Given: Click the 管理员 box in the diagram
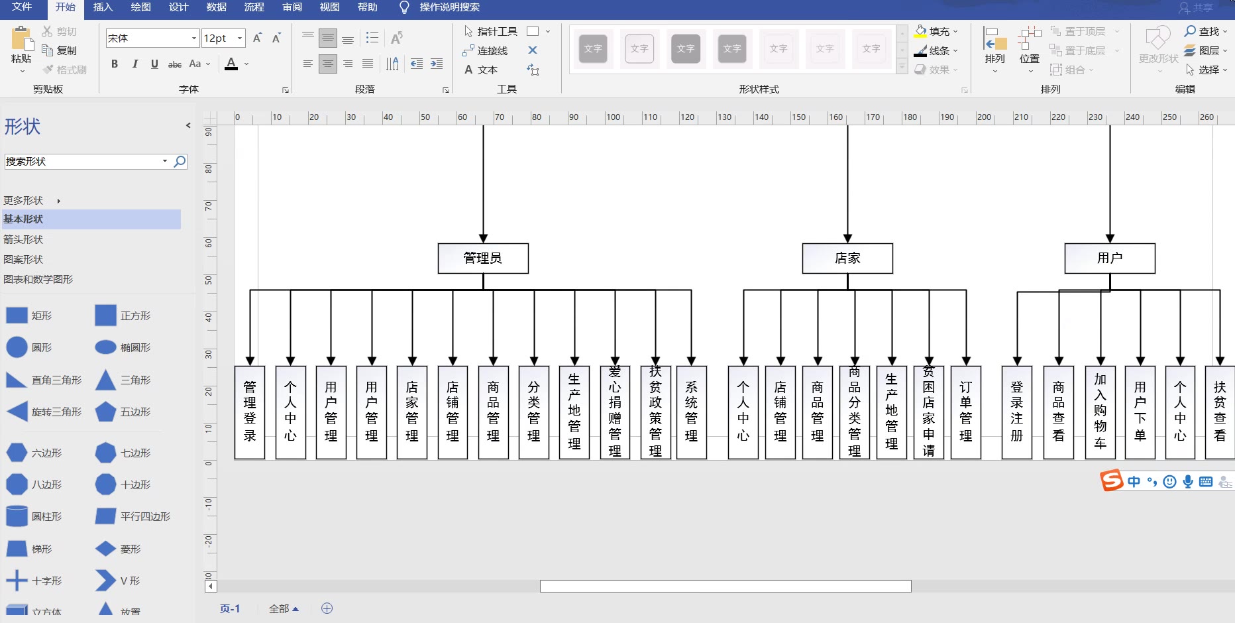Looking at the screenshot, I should click(483, 258).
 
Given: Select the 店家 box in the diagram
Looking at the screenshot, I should click(847, 258).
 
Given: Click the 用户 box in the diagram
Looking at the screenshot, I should click(1110, 258).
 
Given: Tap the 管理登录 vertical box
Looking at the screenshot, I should click(250, 412).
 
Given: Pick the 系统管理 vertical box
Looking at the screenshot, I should click(691, 412).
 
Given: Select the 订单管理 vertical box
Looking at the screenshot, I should click(966, 412).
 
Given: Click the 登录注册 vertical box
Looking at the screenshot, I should click(1017, 412).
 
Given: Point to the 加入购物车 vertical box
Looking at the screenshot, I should click(1101, 412).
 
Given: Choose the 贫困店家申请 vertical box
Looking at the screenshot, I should click(929, 412).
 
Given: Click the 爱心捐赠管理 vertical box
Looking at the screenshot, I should click(615, 412).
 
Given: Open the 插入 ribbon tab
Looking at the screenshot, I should click(103, 7).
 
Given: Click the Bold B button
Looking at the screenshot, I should click(115, 64).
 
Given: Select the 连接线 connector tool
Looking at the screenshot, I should click(486, 50).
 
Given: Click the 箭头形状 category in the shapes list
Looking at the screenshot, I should click(24, 239).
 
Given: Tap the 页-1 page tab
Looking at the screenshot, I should click(230, 608).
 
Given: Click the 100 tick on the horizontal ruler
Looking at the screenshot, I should click(613, 117).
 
